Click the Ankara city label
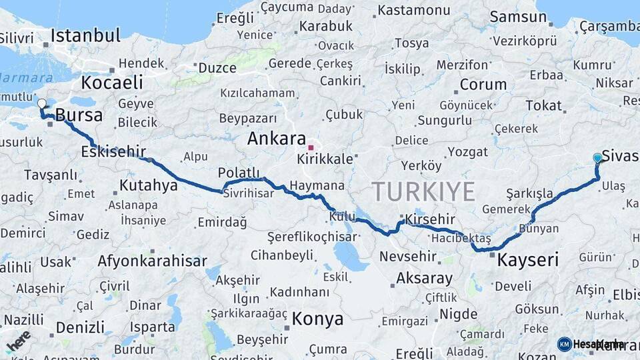[x=276, y=139]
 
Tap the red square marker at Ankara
[x=311, y=147]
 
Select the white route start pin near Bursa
[x=42, y=104]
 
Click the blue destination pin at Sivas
[x=597, y=158]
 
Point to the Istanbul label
[x=85, y=35]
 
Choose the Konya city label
[x=317, y=319]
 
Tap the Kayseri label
[x=528, y=259]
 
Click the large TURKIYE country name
[x=423, y=191]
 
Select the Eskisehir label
[x=113, y=152]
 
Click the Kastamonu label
[x=414, y=11]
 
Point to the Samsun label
[x=518, y=17]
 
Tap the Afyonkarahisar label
[x=152, y=261]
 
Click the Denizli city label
[x=80, y=327]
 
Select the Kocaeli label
[x=112, y=83]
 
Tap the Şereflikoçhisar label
[x=313, y=237]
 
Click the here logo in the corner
[x=17, y=341]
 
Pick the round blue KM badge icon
[x=565, y=344]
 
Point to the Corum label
[x=483, y=85]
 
